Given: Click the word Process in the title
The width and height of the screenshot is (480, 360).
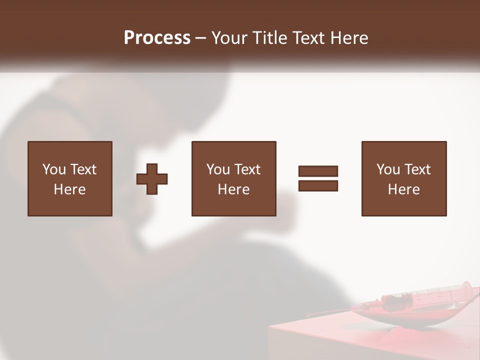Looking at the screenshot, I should click(157, 37).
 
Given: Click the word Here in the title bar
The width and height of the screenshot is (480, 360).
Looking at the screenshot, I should click(350, 37).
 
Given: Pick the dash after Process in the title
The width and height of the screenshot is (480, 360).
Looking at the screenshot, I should click(200, 38).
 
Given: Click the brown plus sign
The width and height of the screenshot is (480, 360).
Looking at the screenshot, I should click(152, 179).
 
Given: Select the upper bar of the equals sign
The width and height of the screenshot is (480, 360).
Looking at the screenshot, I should click(318, 171).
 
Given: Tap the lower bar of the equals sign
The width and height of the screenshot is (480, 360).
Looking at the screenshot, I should click(318, 185).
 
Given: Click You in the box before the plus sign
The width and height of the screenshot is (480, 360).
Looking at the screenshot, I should click(54, 169).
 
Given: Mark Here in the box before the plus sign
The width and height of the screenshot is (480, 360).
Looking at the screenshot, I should click(69, 189).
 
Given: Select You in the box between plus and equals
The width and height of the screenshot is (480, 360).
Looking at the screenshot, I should click(218, 169).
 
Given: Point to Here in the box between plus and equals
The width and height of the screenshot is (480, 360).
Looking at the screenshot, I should click(233, 189).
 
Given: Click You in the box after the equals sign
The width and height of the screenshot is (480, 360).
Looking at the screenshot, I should click(388, 169).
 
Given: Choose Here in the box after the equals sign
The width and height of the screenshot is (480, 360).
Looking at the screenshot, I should click(403, 189).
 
